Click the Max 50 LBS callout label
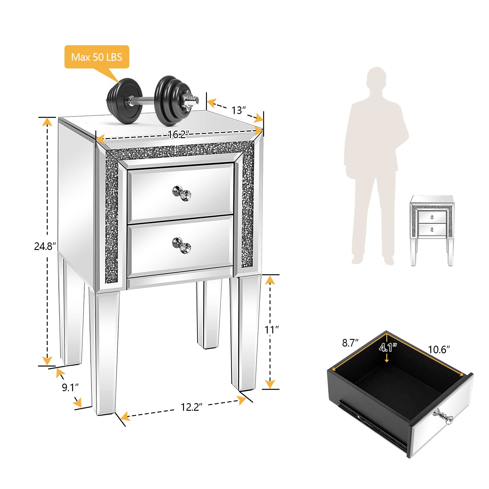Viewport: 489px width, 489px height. click(x=97, y=57)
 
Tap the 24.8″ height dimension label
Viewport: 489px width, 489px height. click(x=45, y=246)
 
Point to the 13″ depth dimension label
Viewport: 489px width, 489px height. click(x=238, y=110)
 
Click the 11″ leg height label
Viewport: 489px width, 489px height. click(x=271, y=330)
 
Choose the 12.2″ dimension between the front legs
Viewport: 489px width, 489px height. click(x=192, y=407)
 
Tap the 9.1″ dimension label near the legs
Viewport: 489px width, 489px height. click(x=70, y=388)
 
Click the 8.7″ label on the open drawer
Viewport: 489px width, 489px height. click(x=350, y=343)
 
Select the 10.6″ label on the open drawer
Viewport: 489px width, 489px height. click(x=439, y=349)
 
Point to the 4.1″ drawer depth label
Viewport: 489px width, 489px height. click(x=388, y=347)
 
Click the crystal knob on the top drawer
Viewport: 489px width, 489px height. click(x=182, y=193)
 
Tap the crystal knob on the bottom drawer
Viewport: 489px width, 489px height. click(x=182, y=245)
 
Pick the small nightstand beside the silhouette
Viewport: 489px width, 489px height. click(x=432, y=230)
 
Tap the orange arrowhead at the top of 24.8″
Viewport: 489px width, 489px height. click(x=47, y=122)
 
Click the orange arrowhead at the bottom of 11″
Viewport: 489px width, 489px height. click(x=270, y=384)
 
